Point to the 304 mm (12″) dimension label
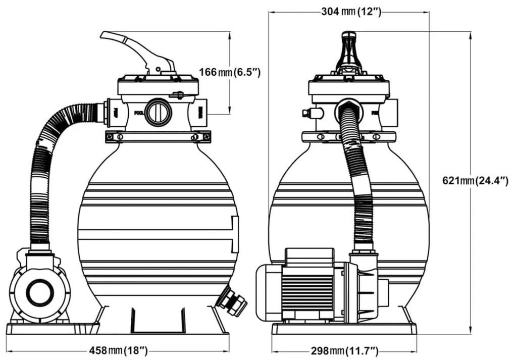[x=350, y=12]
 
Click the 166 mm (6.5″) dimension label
[x=229, y=72]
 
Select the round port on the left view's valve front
[x=158, y=112]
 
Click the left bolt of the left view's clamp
[x=119, y=136]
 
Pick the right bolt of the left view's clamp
[x=195, y=136]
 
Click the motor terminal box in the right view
[x=310, y=256]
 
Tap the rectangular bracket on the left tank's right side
[x=234, y=234]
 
